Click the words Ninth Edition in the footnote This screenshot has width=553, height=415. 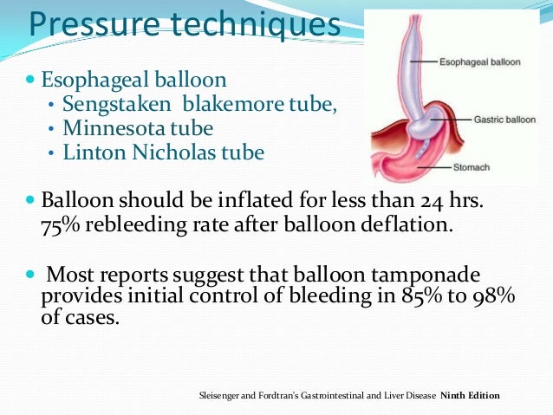(x=471, y=396)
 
